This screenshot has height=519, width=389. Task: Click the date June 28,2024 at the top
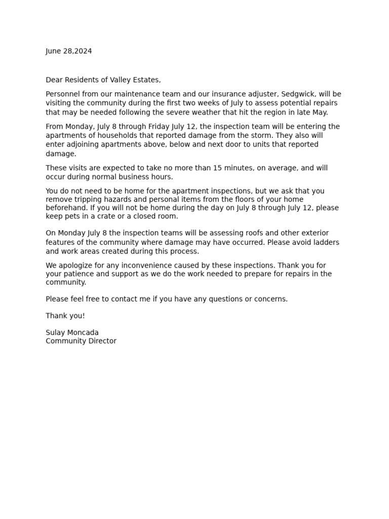[x=69, y=51]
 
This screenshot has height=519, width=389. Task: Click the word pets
[x=72, y=216]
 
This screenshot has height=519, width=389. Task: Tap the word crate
[x=110, y=216]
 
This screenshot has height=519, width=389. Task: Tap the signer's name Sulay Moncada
[x=72, y=332]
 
